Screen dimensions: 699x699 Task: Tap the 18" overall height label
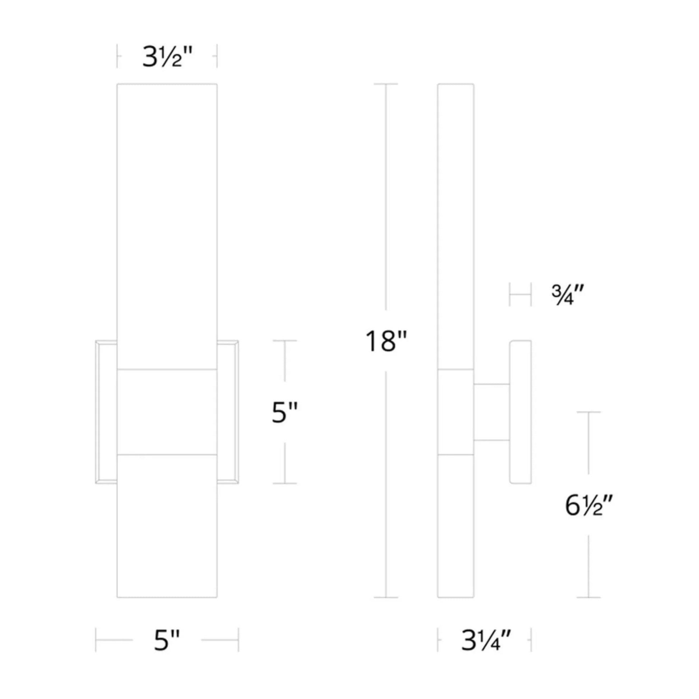(386, 341)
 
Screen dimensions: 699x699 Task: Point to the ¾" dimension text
(568, 295)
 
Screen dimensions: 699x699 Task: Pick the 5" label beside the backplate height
(285, 413)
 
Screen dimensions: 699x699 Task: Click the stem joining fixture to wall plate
(492, 412)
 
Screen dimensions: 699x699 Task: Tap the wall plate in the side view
(520, 412)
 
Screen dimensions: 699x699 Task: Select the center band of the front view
(167, 412)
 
